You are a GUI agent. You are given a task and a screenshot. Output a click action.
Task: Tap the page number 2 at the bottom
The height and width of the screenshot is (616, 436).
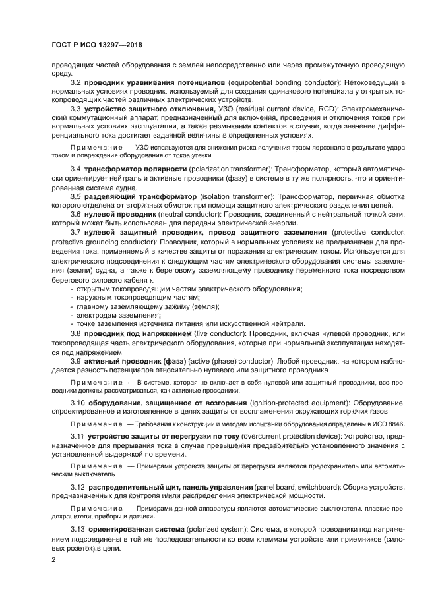point(53,559)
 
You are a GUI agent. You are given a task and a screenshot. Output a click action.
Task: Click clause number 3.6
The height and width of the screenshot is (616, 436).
point(75,215)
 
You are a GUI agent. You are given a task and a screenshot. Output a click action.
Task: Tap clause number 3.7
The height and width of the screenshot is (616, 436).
point(75,233)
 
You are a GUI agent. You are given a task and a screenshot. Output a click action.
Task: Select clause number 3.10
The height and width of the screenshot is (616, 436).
point(77,402)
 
